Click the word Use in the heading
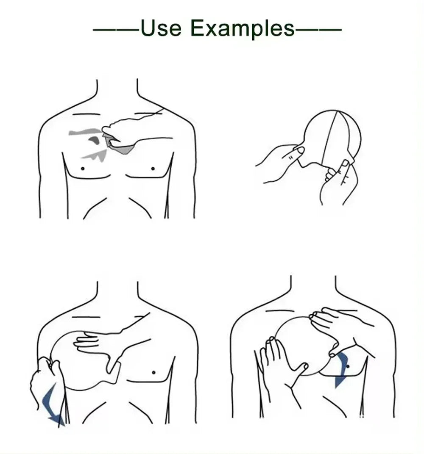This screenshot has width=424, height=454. [x=161, y=28]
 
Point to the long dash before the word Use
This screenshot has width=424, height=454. [x=117, y=29]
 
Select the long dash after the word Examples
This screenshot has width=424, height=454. [x=318, y=29]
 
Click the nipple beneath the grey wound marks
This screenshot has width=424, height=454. [x=83, y=168]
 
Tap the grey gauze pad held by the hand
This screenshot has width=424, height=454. [x=120, y=146]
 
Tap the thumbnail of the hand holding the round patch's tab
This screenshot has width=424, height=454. [x=300, y=150]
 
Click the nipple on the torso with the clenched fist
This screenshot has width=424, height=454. [x=153, y=372]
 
